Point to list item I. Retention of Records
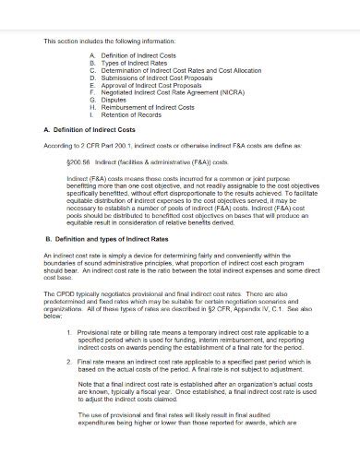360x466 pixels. (x=129, y=114)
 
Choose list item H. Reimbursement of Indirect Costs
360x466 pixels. (x=144, y=107)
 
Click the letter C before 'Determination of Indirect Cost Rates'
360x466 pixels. (x=92, y=70)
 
